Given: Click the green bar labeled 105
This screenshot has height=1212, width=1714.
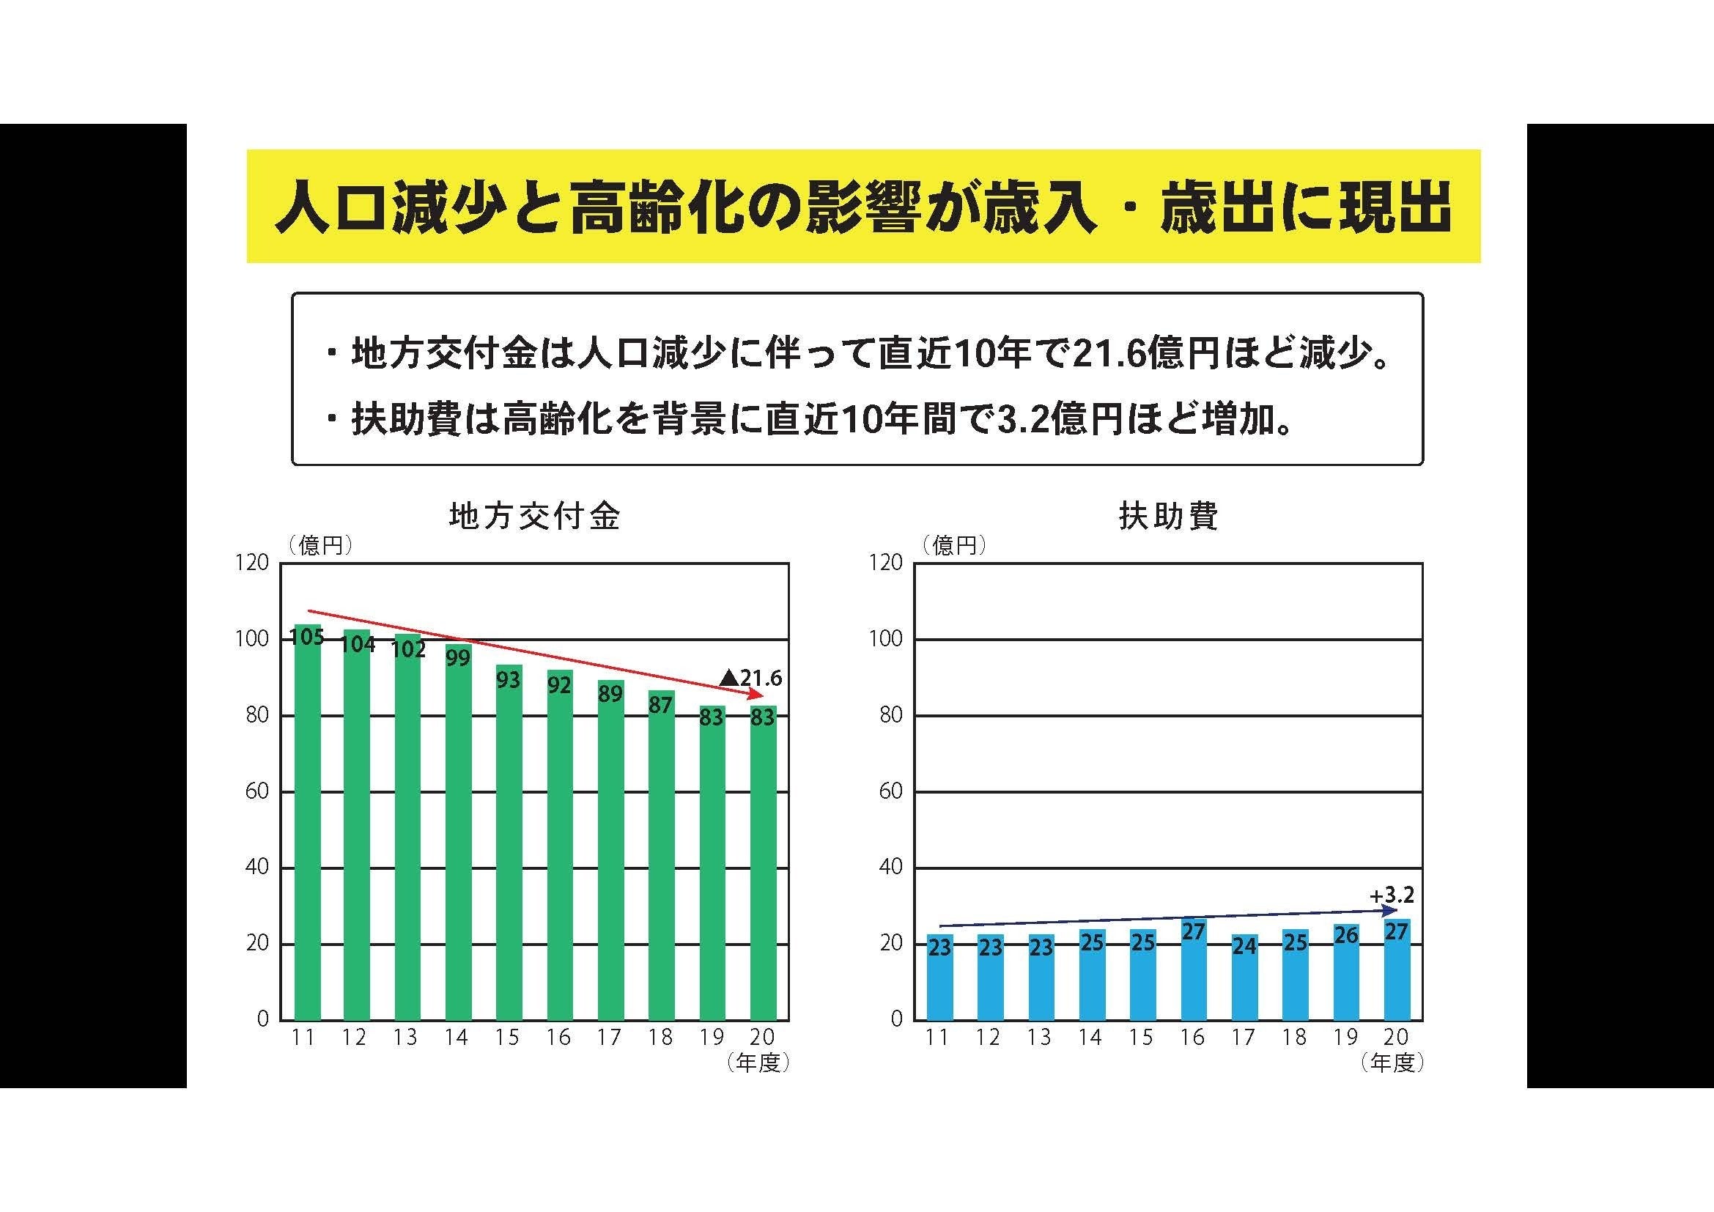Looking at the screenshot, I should [308, 821].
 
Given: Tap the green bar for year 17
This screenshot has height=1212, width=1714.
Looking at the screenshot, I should [610, 851].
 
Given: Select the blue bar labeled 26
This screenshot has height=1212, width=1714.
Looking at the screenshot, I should [1346, 974].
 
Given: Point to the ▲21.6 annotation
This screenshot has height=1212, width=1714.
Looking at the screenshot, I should [750, 678].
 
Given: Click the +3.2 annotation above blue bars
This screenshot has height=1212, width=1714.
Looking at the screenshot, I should [1392, 895].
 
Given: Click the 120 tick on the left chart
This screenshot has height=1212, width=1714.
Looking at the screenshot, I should [251, 563].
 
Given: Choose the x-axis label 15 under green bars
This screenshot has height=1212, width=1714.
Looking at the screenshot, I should [507, 1038].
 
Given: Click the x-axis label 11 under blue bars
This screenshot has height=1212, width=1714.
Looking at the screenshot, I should [938, 1038].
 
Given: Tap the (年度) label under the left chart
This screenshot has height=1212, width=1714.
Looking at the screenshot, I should [758, 1063].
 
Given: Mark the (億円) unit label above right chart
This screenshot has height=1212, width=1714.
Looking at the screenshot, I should [954, 547].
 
